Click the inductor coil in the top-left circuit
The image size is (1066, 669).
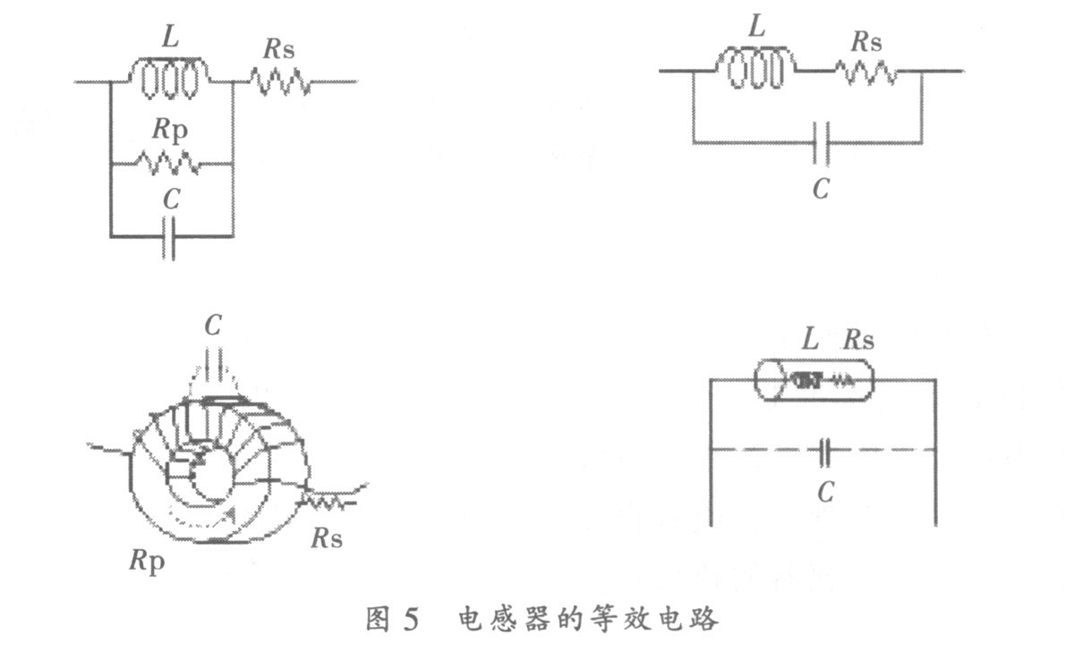click(170, 80)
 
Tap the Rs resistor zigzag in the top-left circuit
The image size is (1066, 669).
click(281, 82)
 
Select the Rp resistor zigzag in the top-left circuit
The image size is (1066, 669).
click(168, 164)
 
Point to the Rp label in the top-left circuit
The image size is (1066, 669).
click(171, 130)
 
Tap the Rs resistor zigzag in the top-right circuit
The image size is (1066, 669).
click(866, 71)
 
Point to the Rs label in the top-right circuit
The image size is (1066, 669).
click(866, 42)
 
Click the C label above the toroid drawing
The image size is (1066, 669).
click(212, 327)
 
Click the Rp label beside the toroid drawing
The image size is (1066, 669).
click(147, 562)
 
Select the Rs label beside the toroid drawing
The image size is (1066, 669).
click(327, 538)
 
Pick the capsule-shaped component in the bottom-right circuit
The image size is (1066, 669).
click(814, 380)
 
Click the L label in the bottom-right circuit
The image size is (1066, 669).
click(810, 340)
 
